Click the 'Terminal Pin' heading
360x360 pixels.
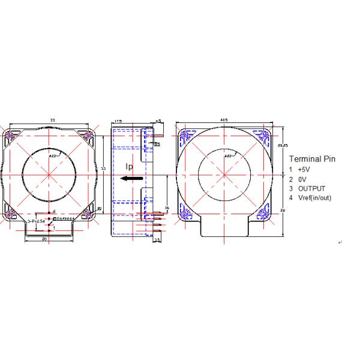pos(312,159)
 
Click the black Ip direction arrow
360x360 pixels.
pos(131,178)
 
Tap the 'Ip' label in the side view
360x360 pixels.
pos(129,166)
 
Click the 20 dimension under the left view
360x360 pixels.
pos(44,239)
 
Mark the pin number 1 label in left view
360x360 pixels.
pos(54,228)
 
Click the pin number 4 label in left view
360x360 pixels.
pos(54,211)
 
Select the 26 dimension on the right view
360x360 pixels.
pos(282,210)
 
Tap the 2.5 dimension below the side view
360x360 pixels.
pos(157,239)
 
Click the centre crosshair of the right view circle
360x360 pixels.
pos(224,175)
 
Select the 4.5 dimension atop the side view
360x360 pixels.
pos(158,121)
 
